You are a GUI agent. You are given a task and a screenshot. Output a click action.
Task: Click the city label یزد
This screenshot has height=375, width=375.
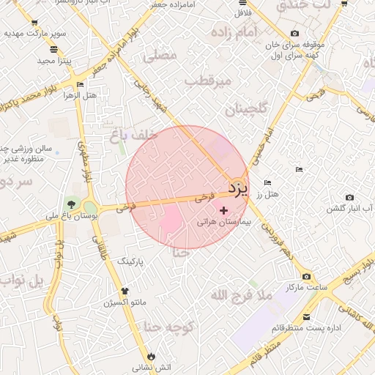click(238, 188)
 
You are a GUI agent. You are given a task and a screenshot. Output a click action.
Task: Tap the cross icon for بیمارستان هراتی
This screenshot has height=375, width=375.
click(223, 210)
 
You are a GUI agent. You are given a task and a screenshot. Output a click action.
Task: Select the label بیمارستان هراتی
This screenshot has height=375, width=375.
click(225, 220)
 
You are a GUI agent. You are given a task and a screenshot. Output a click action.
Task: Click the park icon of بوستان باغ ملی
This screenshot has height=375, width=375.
click(71, 204)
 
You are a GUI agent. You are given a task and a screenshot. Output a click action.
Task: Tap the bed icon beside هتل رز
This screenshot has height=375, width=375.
click(267, 182)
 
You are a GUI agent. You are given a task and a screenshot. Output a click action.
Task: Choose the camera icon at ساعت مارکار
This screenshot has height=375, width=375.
click(305, 276)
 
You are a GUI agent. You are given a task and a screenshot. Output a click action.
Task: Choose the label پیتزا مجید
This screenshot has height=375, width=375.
click(53, 60)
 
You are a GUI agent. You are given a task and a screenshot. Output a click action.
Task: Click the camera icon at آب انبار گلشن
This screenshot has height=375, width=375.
click(349, 198)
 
